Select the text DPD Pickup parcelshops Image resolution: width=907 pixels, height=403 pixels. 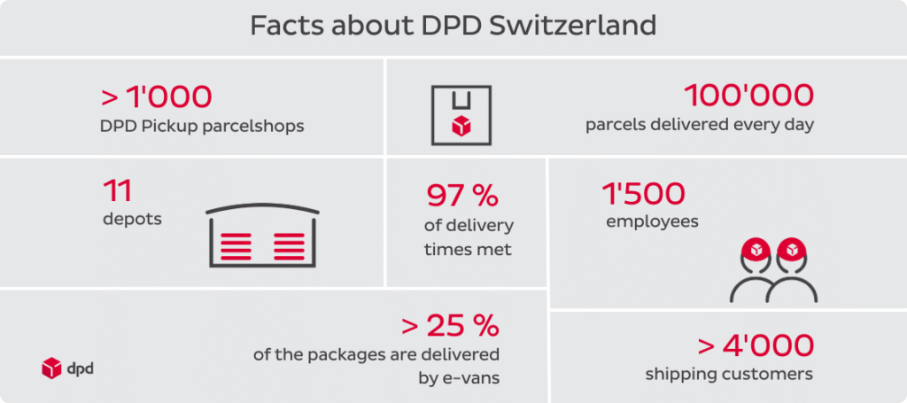click(x=202, y=126)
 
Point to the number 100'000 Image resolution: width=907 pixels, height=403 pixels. click(x=748, y=95)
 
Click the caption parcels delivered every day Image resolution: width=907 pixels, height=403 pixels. click(x=699, y=125)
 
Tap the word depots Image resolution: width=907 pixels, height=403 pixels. click(x=132, y=218)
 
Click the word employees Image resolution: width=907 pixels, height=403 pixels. click(x=652, y=221)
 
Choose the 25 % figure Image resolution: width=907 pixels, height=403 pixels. click(x=462, y=326)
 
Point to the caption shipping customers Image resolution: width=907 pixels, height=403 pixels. click(x=728, y=374)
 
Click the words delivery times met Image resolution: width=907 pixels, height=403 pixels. click(x=468, y=237)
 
